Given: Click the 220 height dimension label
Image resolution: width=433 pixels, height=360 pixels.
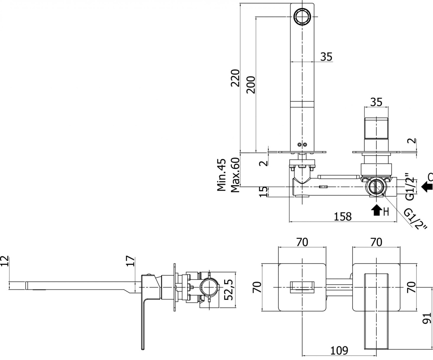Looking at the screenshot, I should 235,78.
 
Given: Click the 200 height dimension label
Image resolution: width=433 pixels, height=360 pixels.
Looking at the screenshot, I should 251,84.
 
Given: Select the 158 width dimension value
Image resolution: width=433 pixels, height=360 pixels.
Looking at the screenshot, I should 342,216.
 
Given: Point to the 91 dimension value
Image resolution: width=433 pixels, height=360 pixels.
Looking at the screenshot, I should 427,319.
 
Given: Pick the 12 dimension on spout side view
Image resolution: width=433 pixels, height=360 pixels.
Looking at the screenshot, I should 4,261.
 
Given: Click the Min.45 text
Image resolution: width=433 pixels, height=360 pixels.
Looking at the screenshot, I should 221,175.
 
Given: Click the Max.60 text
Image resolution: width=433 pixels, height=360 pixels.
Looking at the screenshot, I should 235,175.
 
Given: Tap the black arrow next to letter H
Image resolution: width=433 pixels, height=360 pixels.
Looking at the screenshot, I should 376,210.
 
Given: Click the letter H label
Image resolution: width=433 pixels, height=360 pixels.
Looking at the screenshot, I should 386,212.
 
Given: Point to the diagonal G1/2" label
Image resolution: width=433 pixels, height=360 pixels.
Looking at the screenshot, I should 415,219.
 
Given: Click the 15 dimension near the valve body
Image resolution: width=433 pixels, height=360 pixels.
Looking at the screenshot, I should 264,191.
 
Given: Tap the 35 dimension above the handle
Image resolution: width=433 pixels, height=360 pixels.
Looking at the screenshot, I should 376,102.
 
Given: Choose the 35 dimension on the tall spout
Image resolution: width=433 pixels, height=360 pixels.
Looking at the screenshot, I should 326,57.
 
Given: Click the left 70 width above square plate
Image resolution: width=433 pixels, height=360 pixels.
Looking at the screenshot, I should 302,242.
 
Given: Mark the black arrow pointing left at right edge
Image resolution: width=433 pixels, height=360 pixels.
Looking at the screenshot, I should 427,186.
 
